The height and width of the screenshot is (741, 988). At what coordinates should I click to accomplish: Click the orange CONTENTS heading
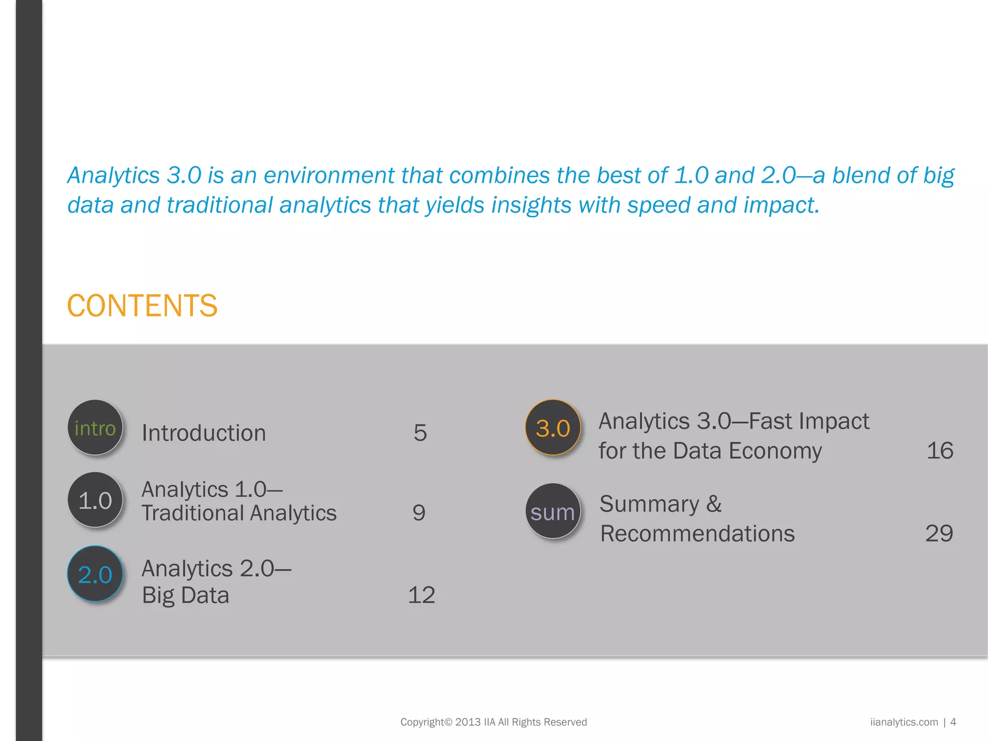142,306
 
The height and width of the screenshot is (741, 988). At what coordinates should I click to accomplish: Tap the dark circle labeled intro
95,428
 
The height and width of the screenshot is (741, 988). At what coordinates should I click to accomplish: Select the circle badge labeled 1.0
95,500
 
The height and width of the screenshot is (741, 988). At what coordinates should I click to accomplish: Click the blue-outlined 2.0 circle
95,574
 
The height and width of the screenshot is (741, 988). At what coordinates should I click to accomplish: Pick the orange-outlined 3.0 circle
553,428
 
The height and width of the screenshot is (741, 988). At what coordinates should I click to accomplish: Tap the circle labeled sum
553,512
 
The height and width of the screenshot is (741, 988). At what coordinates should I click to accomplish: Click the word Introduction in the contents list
204,433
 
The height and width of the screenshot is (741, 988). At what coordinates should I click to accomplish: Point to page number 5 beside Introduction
420,433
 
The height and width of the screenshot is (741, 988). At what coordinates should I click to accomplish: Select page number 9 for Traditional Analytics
419,512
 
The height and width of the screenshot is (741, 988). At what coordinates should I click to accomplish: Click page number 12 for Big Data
421,595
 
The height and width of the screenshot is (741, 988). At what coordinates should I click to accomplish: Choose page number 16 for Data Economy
940,451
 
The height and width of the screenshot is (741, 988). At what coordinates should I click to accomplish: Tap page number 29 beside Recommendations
939,534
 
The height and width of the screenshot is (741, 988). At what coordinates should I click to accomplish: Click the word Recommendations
697,534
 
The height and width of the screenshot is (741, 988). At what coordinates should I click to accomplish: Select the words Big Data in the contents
185,595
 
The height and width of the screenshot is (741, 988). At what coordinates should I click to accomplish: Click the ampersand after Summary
714,504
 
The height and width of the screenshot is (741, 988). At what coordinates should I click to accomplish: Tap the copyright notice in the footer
494,722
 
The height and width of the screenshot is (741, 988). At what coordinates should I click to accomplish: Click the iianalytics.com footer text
904,722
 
